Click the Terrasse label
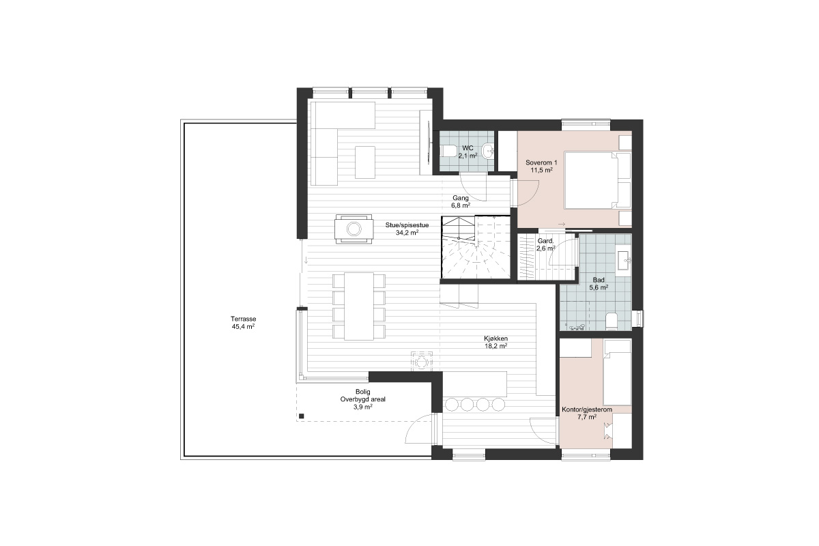point(243,319)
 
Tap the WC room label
point(468,148)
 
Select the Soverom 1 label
point(541,162)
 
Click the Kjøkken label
point(495,339)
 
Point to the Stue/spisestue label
point(407,225)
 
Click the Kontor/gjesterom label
point(587,409)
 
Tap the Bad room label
point(599,280)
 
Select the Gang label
point(460,198)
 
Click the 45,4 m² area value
point(243,326)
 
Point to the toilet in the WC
point(448,150)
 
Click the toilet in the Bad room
point(612,321)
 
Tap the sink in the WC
point(488,150)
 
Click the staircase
point(476,248)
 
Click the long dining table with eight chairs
point(359,306)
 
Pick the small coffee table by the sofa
point(365,162)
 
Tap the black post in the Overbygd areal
point(301,416)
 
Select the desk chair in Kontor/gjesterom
point(608,431)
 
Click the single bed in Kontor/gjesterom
point(617,372)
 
